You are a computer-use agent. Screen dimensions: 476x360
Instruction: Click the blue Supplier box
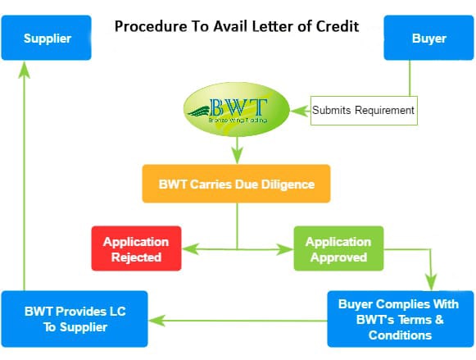coord(46,38)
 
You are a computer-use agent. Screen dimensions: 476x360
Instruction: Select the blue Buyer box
coord(428,38)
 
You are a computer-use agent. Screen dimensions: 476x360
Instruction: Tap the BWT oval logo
coord(237,109)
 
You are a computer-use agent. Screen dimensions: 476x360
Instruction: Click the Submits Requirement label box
coord(364,111)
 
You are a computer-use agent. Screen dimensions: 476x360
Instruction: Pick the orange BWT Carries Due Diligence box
coord(236,184)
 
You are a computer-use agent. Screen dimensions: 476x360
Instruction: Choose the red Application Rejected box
coord(136,248)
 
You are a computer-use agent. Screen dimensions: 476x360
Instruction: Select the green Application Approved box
coord(338,248)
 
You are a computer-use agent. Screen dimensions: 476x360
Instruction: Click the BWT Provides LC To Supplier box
coord(75,319)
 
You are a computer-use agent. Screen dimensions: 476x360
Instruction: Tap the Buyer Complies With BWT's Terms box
coord(401,319)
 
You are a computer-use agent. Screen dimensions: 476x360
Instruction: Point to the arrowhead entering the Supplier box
coord(25,69)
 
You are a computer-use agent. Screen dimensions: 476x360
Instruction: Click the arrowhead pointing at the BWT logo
coord(300,111)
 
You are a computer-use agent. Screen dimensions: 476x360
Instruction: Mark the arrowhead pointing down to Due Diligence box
coord(238,156)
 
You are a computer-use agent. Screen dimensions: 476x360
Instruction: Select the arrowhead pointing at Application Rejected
coord(191,249)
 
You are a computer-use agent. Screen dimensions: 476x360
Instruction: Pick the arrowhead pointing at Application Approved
coord(285,249)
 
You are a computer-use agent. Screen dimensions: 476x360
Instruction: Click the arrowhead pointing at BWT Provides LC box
coord(157,321)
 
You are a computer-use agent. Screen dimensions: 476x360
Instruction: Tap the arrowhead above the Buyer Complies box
coord(431,282)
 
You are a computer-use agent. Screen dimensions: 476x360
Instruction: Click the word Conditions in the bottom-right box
coord(400,335)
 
